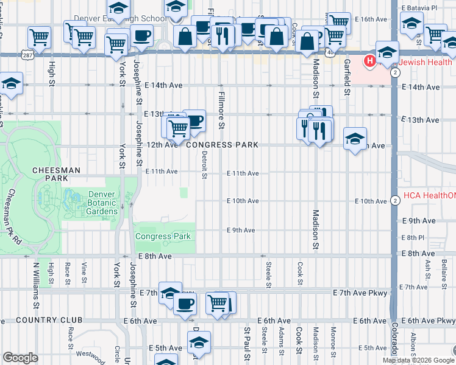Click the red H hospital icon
369,61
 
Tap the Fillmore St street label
220,110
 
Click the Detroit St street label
204,165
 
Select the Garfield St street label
346,77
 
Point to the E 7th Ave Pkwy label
360,293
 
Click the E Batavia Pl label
419,9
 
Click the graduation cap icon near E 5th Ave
199,342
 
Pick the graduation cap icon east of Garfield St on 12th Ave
355,139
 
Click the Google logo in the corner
20,358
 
